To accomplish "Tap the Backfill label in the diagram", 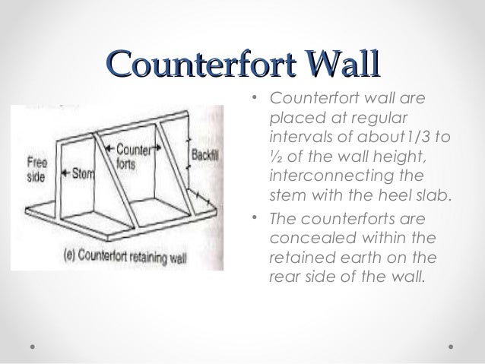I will [204, 153].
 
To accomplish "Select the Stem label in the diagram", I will [83, 173].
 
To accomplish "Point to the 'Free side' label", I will [36, 167].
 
